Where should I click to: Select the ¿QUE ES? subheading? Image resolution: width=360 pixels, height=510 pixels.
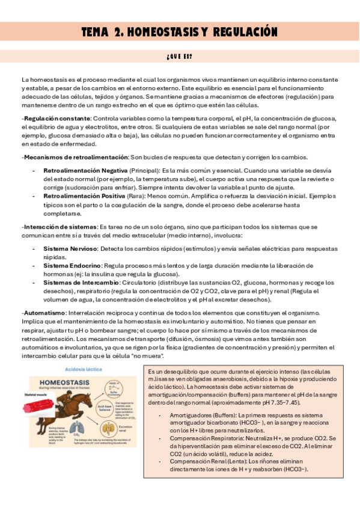pyautogui.click(x=180, y=57)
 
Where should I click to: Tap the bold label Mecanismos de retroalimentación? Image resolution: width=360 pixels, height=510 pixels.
pyautogui.click(x=72, y=157)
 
